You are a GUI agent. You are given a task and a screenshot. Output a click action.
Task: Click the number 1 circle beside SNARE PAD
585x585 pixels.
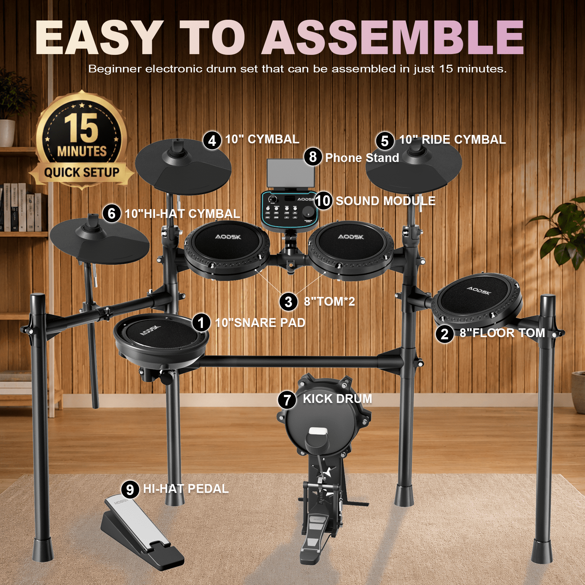[201, 322]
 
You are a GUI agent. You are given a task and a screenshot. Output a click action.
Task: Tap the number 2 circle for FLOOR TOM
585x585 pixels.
[445, 334]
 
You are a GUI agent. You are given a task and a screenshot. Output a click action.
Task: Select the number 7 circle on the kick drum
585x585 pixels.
[287, 400]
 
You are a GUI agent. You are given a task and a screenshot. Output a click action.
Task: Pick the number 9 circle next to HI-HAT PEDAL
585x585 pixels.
[130, 490]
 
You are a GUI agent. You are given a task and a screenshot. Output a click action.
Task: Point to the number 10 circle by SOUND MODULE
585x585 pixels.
[323, 201]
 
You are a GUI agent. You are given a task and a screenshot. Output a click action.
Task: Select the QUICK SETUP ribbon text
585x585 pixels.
[82, 172]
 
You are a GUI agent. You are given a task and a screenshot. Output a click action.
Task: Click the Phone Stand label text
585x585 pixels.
[362, 158]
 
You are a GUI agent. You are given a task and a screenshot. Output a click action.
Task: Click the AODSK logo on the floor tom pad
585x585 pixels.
[479, 291]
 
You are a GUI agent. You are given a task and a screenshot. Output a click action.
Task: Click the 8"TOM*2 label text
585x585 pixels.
[329, 301]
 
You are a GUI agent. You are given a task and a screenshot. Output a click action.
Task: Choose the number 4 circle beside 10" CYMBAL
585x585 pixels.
[212, 140]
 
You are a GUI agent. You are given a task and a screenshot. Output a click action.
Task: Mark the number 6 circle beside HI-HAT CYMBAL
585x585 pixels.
[112, 214]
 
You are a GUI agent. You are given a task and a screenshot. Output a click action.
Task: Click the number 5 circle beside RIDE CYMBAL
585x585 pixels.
[385, 141]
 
